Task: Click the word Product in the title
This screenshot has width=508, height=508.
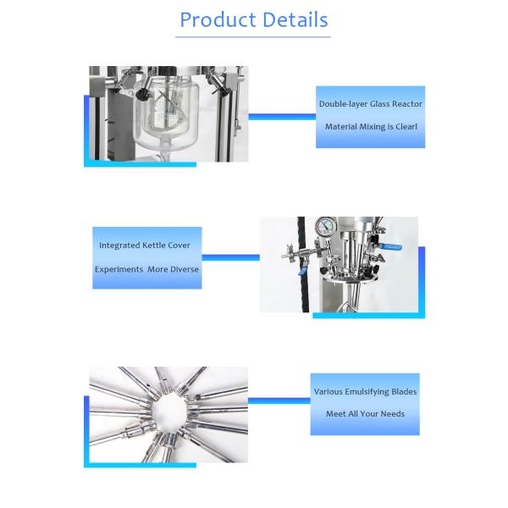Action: coord(218,20)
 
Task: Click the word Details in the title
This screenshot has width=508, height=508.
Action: coord(295,19)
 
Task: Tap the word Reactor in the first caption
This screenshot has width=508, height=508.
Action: coord(407,104)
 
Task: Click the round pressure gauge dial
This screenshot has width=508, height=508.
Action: coord(325,227)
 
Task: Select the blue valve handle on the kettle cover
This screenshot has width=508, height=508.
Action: coord(390,247)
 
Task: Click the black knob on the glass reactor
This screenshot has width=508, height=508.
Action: coord(143,94)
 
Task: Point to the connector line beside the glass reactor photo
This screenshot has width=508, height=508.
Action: coord(282,117)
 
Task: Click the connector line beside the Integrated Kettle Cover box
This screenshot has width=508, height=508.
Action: coord(230,257)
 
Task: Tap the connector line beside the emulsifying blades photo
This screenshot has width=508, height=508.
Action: coord(279,401)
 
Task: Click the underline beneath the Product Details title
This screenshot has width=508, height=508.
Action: coord(253,37)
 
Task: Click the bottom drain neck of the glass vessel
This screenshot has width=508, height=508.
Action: coord(166,149)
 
